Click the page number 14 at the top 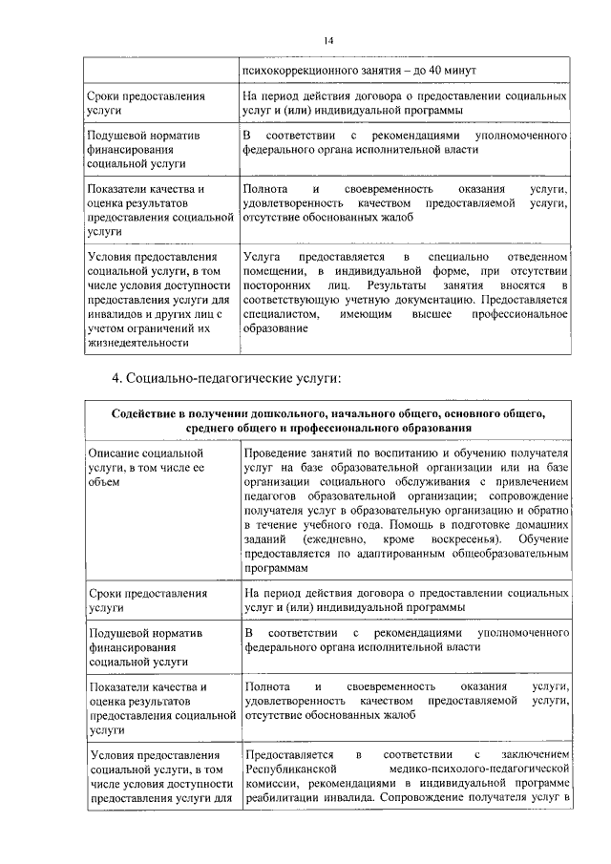coord(327,40)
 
